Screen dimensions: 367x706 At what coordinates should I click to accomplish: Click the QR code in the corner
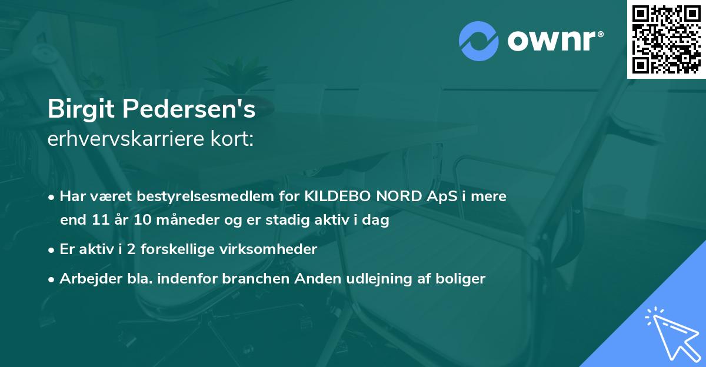667,39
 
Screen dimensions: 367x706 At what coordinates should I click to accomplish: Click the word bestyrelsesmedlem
200,196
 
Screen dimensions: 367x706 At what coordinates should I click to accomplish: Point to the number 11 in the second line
97,221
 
